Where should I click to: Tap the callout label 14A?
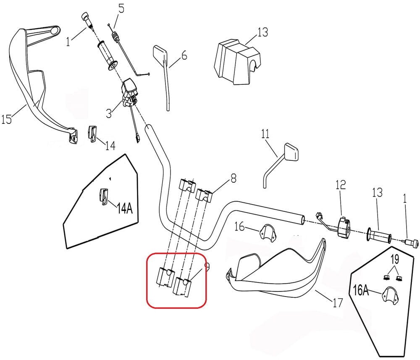pos(124,208)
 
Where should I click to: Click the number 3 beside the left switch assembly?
pos(109,113)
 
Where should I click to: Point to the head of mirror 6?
pos(160,53)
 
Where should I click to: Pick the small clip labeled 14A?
pos(103,195)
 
